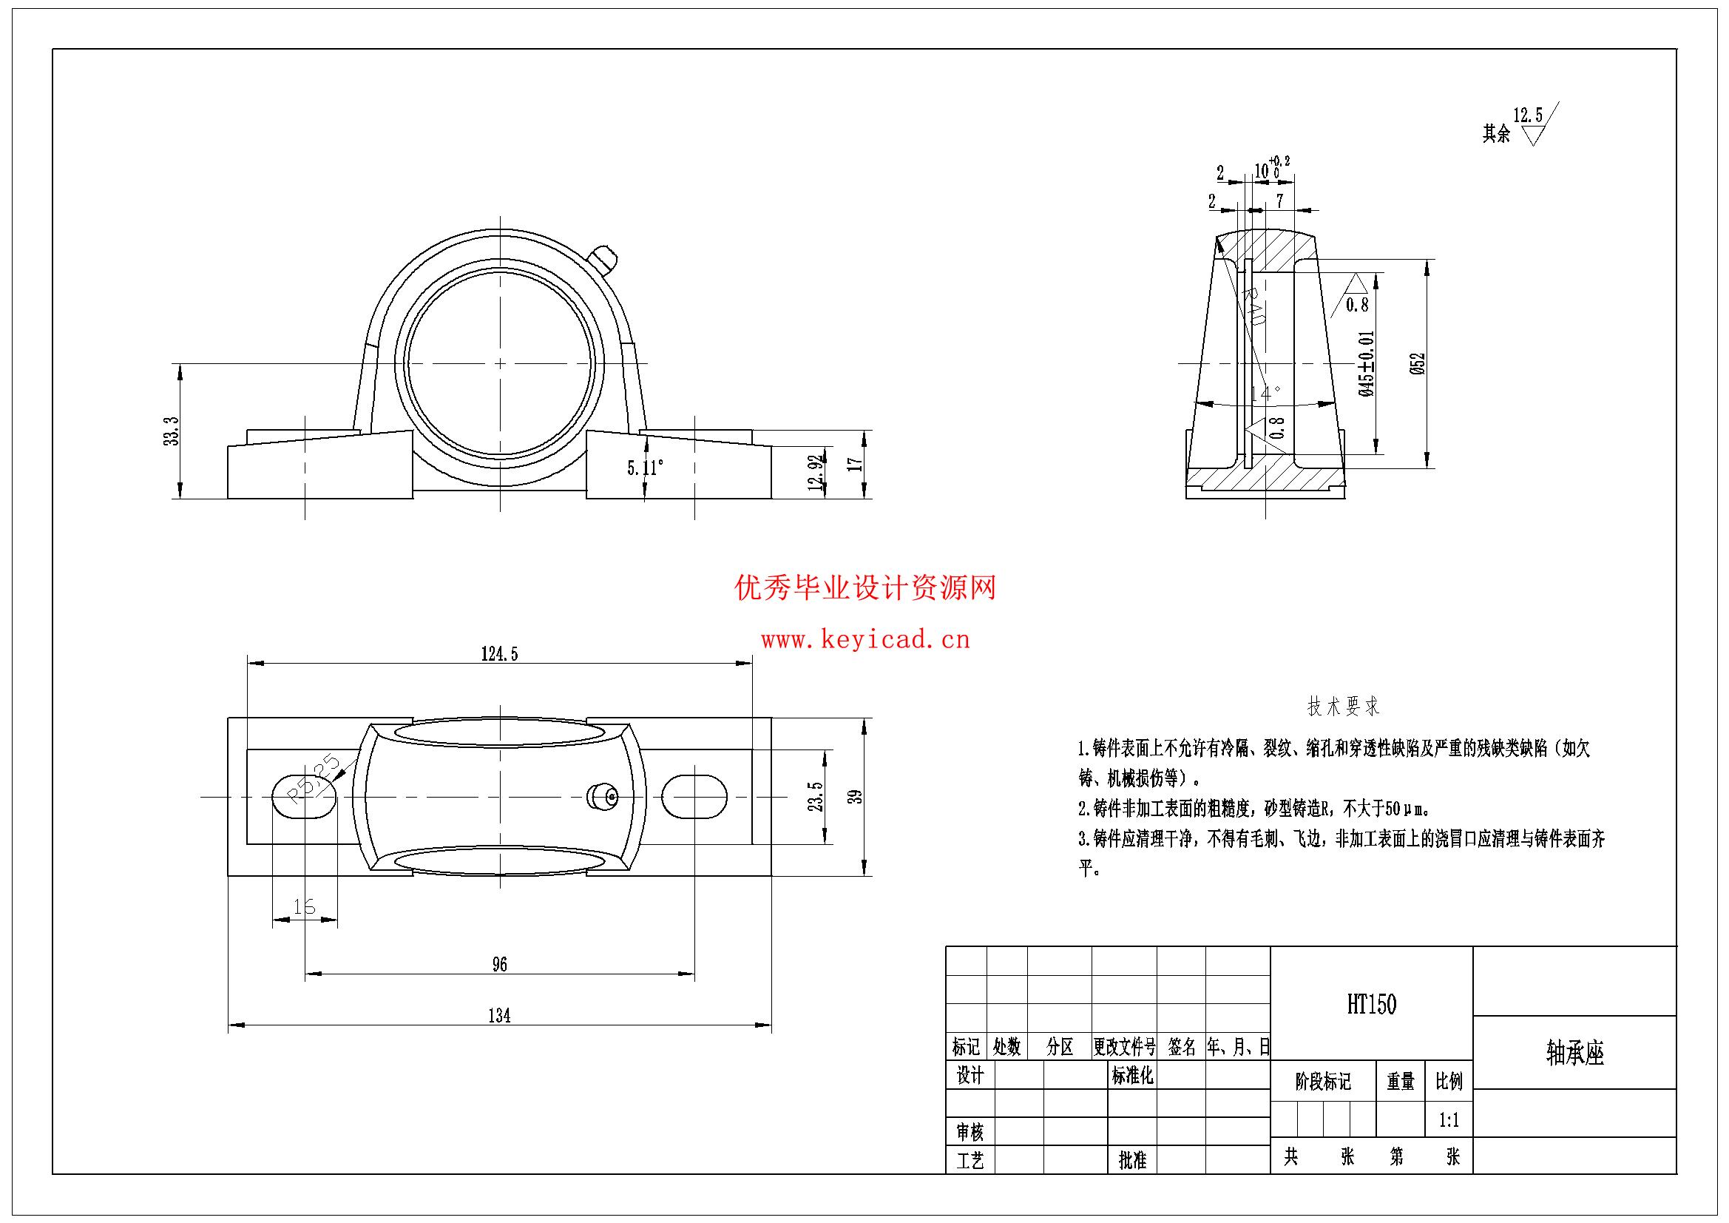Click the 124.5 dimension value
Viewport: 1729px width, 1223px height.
coord(499,654)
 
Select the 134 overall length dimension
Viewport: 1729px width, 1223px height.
coord(499,1016)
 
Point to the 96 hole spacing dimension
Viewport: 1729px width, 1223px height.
coord(499,964)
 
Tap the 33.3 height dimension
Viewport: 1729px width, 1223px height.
coord(172,431)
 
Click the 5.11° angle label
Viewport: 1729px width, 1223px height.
coord(646,468)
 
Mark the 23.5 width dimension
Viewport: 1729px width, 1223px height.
coord(816,796)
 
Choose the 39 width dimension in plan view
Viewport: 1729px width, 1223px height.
coord(856,796)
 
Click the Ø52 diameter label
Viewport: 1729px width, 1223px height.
coord(1417,363)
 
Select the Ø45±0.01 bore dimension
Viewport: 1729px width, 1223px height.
coord(1367,363)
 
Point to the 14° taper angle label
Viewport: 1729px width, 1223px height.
coord(1265,394)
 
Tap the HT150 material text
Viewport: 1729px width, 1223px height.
coord(1371,1005)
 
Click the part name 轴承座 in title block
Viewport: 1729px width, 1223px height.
coord(1574,1053)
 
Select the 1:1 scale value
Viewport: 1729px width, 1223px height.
coord(1449,1120)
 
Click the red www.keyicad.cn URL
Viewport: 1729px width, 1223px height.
coord(865,641)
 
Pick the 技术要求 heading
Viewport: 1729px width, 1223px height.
coord(1344,707)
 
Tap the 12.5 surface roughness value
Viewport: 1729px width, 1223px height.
coord(1527,115)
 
